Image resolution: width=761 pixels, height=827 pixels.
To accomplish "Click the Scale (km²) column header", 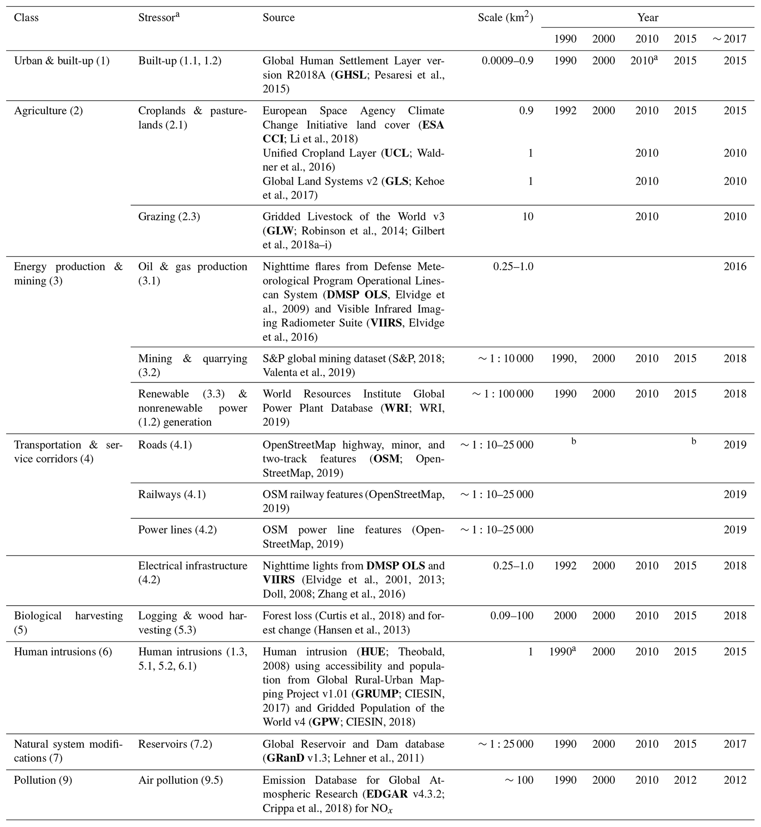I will pos(505,17).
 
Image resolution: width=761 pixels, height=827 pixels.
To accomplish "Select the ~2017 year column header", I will pos(729,39).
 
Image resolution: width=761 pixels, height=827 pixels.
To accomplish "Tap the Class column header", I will pos(27,18).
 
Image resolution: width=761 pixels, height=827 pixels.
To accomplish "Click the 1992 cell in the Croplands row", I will pos(565,111).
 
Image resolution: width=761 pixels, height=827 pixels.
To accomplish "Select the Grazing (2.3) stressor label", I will pos(169,216).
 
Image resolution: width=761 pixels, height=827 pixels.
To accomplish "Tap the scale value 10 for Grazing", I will pos(528,216).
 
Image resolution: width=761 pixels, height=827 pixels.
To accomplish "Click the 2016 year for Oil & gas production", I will pos(735,266).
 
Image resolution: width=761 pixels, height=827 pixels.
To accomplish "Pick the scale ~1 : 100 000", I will pos(503,394).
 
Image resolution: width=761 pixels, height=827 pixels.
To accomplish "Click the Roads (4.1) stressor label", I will pos(165,445).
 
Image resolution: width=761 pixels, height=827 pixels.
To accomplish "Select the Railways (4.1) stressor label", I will pos(172,494).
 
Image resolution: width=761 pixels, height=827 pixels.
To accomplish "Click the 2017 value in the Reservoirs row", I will pos(735,744).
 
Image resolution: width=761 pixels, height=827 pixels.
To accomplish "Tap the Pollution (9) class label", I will pos(43,780).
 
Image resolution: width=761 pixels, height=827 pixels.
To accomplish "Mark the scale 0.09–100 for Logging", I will pos(511,616).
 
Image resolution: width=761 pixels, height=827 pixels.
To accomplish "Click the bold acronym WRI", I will pos(397,408).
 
